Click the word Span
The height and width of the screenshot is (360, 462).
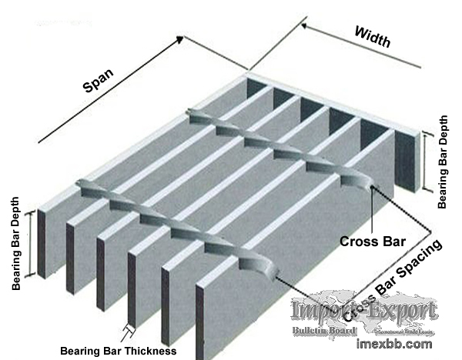click(x=98, y=79)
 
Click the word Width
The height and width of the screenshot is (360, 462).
click(x=373, y=36)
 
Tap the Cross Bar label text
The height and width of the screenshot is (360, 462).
click(x=373, y=241)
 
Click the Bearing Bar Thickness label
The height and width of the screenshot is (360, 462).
click(x=119, y=351)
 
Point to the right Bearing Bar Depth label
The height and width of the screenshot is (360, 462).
click(x=443, y=162)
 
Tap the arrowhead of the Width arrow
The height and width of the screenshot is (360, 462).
click(x=303, y=26)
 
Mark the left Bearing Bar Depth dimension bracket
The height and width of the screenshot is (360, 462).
click(x=32, y=244)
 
